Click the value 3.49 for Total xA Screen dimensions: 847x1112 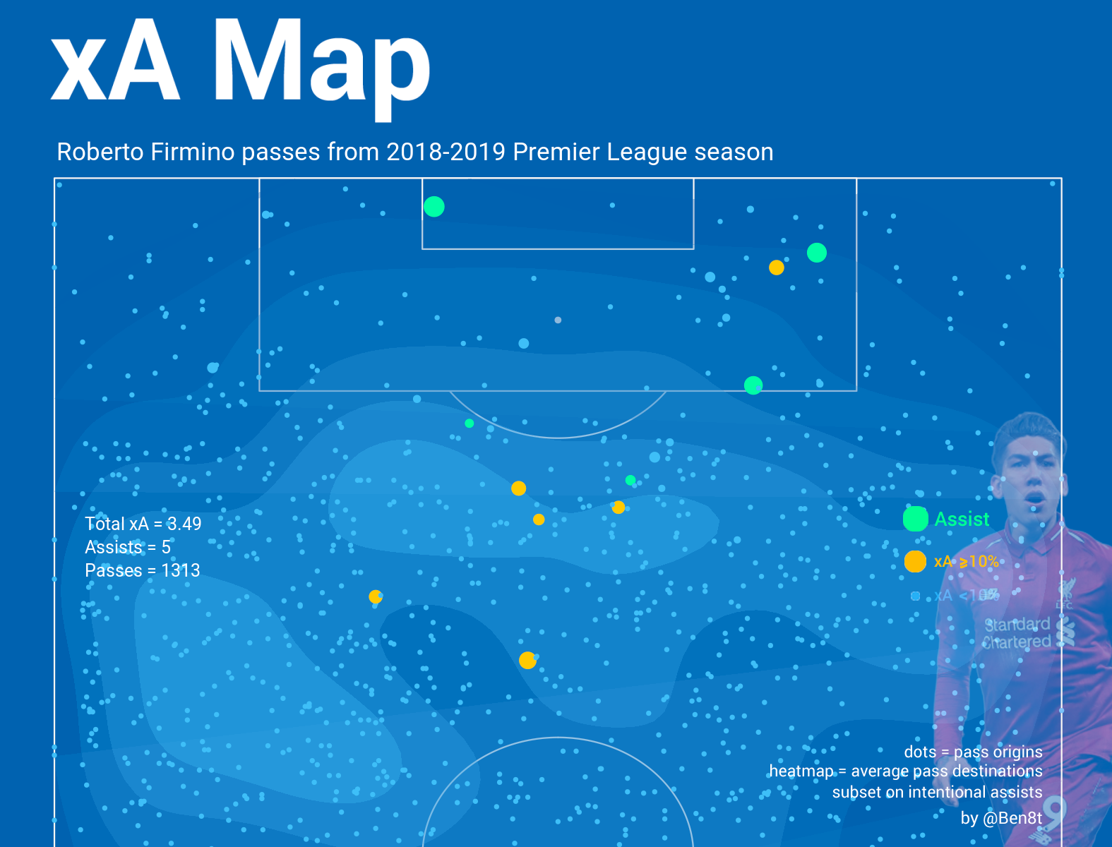point(184,524)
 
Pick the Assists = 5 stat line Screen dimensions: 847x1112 point(128,547)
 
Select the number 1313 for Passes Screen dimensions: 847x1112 point(181,570)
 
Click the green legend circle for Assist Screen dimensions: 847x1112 point(915,519)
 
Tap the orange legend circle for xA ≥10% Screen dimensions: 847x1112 point(915,561)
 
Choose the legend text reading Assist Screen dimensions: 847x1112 point(962,519)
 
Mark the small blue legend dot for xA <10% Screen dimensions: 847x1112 point(915,596)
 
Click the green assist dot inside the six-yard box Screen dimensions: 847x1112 point(434,207)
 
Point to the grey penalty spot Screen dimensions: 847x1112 point(558,320)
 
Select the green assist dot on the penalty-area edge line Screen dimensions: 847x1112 point(753,385)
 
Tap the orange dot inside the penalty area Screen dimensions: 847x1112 point(777,268)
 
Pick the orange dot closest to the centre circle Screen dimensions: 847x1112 point(527,661)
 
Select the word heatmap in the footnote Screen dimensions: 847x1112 point(801,771)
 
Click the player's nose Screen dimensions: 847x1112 point(1034,481)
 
